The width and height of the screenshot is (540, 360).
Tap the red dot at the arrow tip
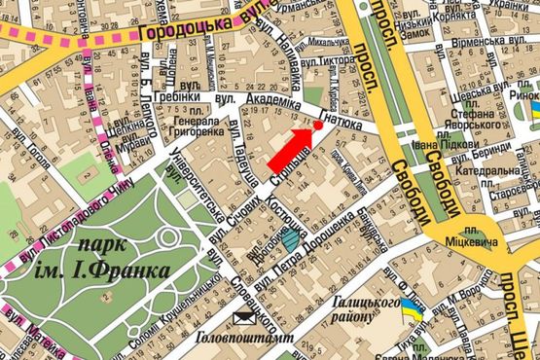coord(317,126)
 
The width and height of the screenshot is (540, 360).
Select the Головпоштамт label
coord(233,339)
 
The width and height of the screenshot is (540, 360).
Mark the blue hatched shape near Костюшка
coord(291,235)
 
